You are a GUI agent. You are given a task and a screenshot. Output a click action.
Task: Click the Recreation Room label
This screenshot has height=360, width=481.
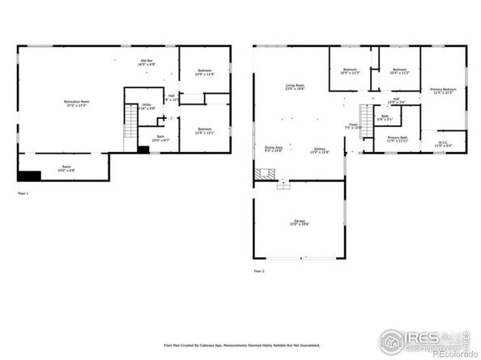pyautogui.click(x=78, y=103)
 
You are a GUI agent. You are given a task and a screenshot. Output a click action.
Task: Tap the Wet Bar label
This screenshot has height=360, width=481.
pyautogui.click(x=147, y=62)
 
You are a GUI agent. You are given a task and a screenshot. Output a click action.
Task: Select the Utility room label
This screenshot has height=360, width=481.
pyautogui.click(x=147, y=106)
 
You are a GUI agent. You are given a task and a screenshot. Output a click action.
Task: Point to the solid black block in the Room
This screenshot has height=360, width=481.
pyautogui.click(x=30, y=175)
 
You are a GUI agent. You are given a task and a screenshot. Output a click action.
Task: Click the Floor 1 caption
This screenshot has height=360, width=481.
pyautogui.click(x=23, y=194)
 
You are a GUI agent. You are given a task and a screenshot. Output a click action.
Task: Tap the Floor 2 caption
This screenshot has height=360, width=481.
pyautogui.click(x=258, y=270)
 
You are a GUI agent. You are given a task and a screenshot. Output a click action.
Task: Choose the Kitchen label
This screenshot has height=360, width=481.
pyautogui.click(x=321, y=150)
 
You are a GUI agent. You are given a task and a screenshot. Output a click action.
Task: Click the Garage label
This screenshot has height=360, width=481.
pyautogui.click(x=298, y=222)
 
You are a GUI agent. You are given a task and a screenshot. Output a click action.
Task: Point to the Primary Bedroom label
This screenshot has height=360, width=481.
pyautogui.click(x=443, y=91)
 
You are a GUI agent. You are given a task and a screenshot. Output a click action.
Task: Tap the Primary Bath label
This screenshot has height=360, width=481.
pyautogui.click(x=398, y=139)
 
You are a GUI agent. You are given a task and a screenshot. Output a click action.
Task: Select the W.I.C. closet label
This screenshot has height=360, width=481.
pyautogui.click(x=442, y=144)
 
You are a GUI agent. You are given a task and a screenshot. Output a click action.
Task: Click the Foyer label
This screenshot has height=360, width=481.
pyautogui.click(x=353, y=127)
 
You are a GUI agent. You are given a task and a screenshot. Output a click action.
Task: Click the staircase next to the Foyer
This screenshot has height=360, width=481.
pyautogui.click(x=366, y=122)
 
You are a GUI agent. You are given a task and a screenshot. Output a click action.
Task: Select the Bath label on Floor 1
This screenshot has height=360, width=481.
pyautogui.click(x=160, y=138)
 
